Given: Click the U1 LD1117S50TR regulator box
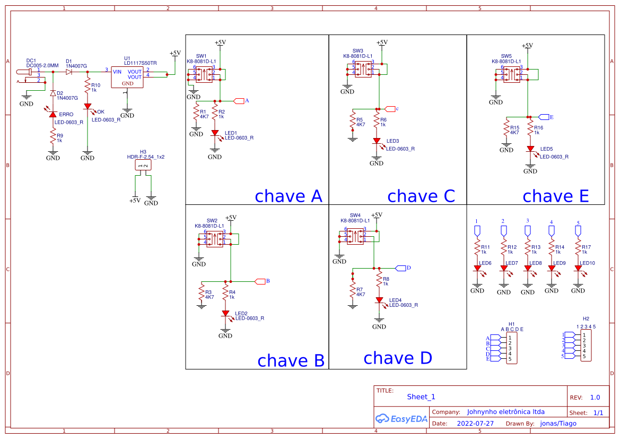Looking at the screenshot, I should (127, 78).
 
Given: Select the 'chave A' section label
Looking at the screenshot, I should (288, 196).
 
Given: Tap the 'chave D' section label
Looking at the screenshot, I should (397, 358).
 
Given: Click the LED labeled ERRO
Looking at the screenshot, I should (53, 114).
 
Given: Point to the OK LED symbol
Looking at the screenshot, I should (88, 107).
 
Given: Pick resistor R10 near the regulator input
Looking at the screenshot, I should (88, 86).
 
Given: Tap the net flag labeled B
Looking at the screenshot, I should (260, 281).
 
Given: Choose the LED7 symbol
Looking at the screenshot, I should (503, 269).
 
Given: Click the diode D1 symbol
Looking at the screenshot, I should (69, 72).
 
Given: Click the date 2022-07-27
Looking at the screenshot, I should (475, 424).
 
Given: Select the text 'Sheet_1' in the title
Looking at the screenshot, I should (421, 397).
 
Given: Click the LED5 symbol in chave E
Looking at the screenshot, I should (530, 150).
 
